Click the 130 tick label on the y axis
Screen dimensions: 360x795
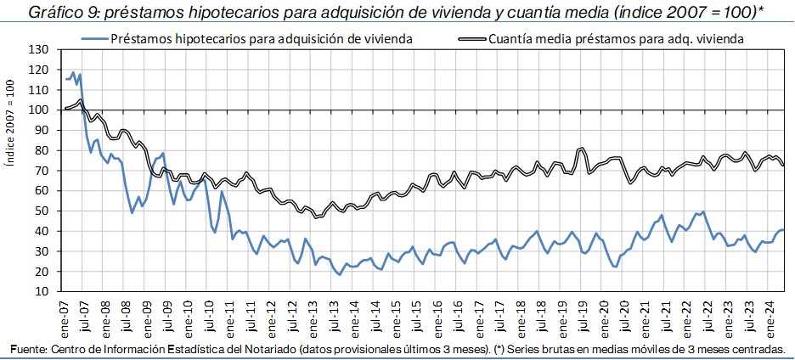39,49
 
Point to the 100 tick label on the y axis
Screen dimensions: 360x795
39,110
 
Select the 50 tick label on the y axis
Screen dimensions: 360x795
42,211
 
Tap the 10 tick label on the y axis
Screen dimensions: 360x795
42,291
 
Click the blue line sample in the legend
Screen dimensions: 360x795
94,38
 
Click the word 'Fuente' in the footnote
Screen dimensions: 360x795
28,349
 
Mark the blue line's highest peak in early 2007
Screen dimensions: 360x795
74,72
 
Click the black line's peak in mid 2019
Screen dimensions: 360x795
582,149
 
